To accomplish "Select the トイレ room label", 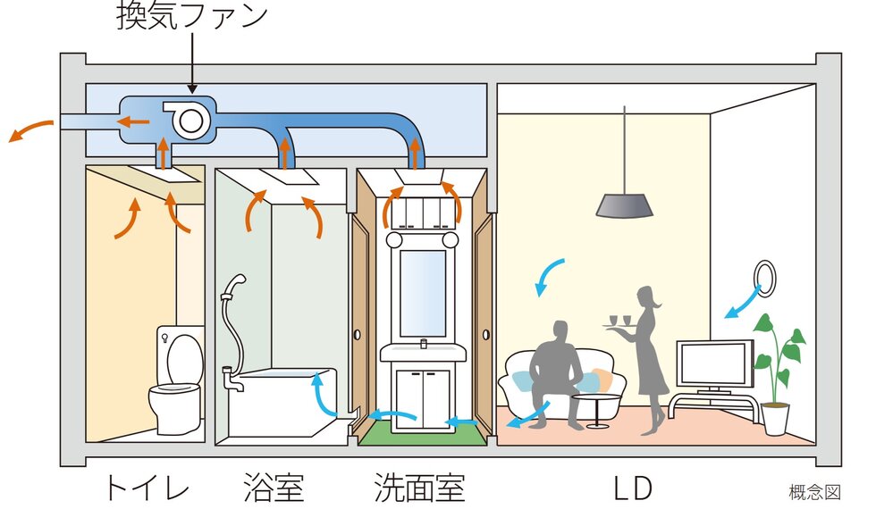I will [x=147, y=488].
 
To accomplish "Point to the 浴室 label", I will [x=274, y=488].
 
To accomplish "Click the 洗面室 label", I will [x=420, y=488].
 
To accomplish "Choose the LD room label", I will [x=632, y=488].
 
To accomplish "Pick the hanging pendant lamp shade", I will [x=624, y=204].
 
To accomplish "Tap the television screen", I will [x=714, y=362].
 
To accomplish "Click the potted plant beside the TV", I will [x=776, y=375].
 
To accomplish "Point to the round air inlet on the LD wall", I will [x=764, y=278].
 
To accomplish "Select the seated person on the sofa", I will [x=554, y=371].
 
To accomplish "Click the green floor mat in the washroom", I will [x=424, y=437].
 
